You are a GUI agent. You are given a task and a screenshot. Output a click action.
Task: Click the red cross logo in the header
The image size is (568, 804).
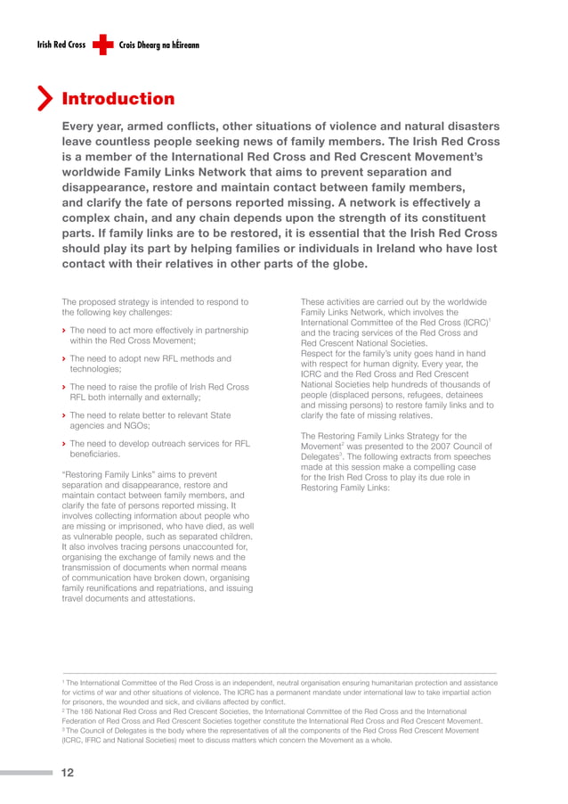102,44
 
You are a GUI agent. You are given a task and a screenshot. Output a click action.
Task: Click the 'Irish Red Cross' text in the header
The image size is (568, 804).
61,45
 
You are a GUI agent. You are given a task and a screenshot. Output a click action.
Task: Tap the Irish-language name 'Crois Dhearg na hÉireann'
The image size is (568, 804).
158,45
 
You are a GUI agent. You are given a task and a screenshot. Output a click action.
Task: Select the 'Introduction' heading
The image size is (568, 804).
118,98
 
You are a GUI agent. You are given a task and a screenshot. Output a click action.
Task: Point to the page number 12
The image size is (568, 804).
67,773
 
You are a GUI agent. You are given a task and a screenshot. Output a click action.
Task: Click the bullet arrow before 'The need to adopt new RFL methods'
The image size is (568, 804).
64,359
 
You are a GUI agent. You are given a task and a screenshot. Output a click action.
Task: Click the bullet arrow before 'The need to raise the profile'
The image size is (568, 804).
64,388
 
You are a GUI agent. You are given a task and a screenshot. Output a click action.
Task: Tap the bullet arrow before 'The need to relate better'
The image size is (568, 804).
64,415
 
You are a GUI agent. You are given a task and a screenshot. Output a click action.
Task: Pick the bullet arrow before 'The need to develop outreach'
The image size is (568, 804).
64,444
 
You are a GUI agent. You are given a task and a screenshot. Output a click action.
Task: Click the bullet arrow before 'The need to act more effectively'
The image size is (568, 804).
64,331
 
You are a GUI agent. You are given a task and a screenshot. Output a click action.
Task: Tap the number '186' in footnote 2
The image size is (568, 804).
87,711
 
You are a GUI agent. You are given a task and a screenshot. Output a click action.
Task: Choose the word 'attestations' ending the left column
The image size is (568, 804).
166,599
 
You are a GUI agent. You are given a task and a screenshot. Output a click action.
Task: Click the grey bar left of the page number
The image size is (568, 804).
27,773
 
